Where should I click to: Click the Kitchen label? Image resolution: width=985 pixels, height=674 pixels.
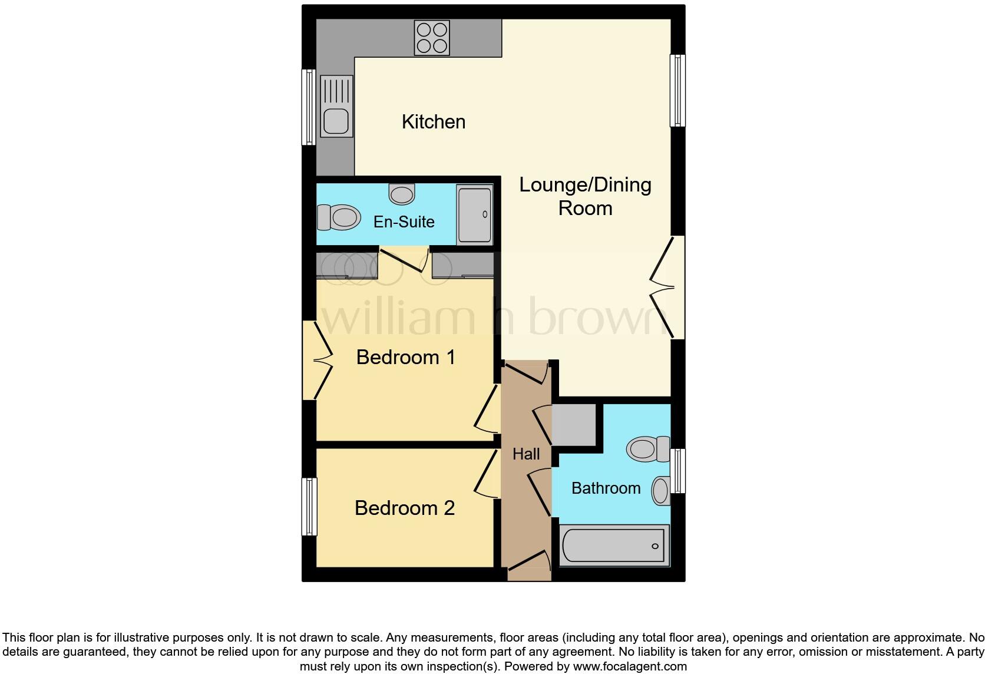[434, 122]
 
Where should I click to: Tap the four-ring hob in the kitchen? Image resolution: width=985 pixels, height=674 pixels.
[432, 38]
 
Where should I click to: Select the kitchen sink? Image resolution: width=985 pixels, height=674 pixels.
[337, 106]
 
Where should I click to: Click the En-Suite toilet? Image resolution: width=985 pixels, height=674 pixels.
[339, 217]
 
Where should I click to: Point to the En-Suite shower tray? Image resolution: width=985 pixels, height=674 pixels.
[475, 214]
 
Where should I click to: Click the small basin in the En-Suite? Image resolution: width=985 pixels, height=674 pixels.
[402, 194]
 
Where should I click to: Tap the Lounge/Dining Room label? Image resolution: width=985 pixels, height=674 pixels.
[585, 196]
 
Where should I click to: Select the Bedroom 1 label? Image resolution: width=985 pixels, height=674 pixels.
[406, 357]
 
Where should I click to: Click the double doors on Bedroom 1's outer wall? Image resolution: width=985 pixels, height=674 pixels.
[317, 360]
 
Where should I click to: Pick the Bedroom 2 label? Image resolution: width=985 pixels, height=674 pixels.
[405, 508]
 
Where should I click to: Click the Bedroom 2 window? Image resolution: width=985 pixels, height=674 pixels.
[309, 507]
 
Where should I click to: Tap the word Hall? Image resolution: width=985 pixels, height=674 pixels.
[526, 454]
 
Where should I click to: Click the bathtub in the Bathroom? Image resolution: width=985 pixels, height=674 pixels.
[614, 546]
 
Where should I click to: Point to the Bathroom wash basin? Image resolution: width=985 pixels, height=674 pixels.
[661, 490]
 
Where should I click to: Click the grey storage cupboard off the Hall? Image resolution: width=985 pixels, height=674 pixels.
[573, 425]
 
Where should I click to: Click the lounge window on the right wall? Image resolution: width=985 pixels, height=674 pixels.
[678, 91]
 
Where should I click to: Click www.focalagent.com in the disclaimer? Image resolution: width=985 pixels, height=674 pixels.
[629, 666]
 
